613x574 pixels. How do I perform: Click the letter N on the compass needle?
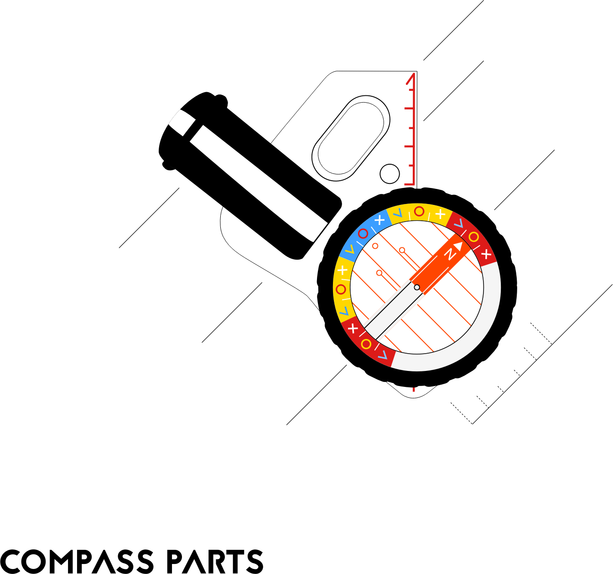pyautogui.click(x=450, y=254)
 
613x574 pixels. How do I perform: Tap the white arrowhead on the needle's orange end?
pyautogui.click(x=458, y=246)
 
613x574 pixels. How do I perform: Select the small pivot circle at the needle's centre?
pyautogui.click(x=417, y=287)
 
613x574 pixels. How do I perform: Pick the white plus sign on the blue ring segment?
pyautogui.click(x=379, y=220)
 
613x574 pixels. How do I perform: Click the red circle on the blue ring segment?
pyautogui.click(x=363, y=234)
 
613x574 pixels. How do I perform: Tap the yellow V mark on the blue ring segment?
pyautogui.click(x=350, y=250)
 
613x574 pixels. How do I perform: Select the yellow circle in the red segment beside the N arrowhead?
pyautogui.click(x=474, y=237)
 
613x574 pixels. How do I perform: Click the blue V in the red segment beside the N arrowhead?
pyautogui.click(x=459, y=223)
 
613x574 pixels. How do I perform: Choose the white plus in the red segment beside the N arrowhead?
pyautogui.click(x=486, y=254)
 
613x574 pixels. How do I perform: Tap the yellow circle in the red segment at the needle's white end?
pyautogui.click(x=366, y=344)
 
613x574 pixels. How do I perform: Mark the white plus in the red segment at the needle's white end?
pyautogui.click(x=353, y=329)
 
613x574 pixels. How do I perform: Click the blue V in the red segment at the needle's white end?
pyautogui.click(x=383, y=355)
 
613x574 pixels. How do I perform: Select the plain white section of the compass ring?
pyautogui.click(x=483, y=329)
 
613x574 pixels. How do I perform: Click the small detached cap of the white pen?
pyautogui.click(x=182, y=122)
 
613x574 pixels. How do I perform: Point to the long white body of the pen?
pyautogui.click(x=259, y=183)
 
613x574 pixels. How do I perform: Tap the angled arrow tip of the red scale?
pyautogui.click(x=410, y=78)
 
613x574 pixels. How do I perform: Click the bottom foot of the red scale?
pyautogui.click(x=409, y=184)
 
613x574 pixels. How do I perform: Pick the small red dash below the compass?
pyautogui.click(x=414, y=390)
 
